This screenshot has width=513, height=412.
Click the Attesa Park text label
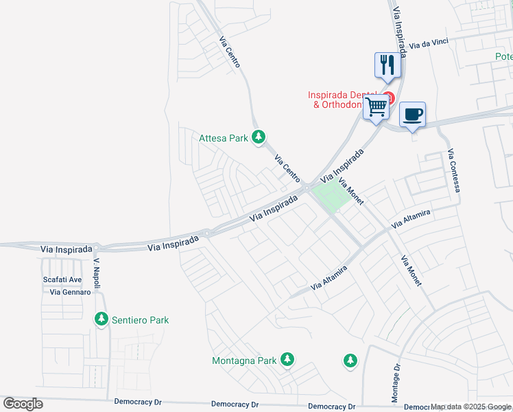point(224,138)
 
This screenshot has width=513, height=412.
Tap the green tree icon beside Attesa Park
point(259,138)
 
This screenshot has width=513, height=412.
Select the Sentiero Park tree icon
point(102,319)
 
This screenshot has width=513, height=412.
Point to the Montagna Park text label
point(244,360)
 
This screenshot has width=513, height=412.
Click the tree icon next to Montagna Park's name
point(287,360)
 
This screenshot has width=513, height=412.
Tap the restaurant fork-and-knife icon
point(387,65)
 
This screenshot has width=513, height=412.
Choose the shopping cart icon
point(376,107)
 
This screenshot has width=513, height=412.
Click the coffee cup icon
point(412,115)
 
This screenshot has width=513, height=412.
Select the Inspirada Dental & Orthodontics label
point(342,100)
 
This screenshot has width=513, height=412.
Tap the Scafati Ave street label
point(62,280)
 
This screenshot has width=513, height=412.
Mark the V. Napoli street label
point(97,274)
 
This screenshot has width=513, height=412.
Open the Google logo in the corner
point(23,404)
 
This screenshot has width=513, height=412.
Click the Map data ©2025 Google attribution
point(471,407)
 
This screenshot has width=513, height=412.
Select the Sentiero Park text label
point(140,320)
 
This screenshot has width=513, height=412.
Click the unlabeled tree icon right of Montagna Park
point(350,360)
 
